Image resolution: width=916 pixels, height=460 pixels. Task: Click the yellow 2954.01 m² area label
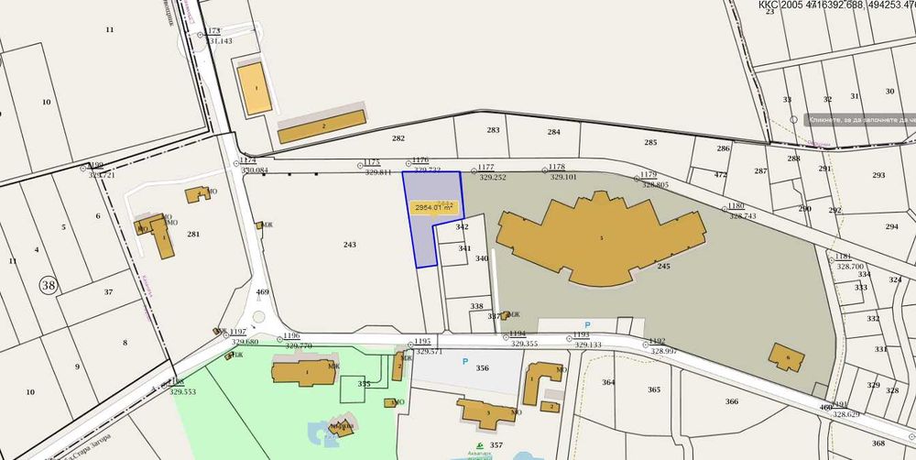435,208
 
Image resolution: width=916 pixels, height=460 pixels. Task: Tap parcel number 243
349,245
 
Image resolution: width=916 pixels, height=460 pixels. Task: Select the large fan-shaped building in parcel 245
599,235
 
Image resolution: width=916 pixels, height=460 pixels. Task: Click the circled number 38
48,286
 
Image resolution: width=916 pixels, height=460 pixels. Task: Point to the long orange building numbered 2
322,126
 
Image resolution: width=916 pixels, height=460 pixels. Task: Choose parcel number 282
398,138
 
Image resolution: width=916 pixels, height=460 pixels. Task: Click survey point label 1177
485,168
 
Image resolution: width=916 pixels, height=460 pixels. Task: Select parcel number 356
483,368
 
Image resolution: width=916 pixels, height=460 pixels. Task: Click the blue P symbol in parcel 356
464,362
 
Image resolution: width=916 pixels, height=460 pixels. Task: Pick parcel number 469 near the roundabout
263,292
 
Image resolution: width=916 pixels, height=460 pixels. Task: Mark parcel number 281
192,235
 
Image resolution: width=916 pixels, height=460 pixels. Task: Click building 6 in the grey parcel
786,357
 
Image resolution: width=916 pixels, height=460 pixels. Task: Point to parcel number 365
653,390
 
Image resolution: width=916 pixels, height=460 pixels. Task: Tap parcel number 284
553,133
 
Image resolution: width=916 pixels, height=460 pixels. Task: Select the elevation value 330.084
254,170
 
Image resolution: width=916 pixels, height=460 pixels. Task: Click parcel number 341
464,248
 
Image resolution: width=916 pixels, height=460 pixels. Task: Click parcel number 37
108,292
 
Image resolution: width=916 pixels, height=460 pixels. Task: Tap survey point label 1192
657,341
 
